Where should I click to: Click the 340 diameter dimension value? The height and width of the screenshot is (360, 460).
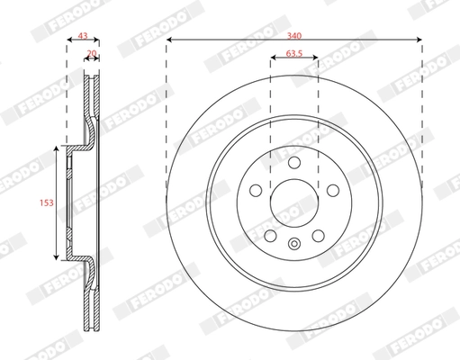(x=294, y=36)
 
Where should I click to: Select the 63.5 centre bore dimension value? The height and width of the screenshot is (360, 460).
(x=294, y=53)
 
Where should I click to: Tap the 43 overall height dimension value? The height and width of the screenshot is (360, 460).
(x=83, y=36)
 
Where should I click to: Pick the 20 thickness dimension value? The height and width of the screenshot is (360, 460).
(x=92, y=53)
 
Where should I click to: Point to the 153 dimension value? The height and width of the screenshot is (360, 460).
(x=47, y=202)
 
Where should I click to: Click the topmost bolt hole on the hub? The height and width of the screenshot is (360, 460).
(x=294, y=162)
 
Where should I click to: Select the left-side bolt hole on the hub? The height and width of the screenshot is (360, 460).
(x=256, y=191)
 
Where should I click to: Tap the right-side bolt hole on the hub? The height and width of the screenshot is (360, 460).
(x=333, y=191)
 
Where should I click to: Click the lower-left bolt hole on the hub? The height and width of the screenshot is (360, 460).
(x=270, y=236)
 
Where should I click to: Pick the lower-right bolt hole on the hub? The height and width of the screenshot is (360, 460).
(x=318, y=236)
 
